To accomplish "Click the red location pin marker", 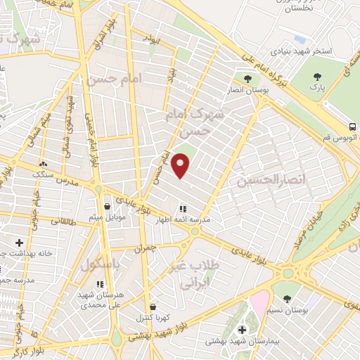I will (181, 165).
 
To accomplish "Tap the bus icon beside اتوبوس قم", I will (352, 127).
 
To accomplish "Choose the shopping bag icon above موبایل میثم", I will (106, 206).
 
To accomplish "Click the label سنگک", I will (43, 174).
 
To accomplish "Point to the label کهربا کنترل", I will (154, 317).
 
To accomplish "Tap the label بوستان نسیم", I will (290, 309).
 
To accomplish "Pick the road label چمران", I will (145, 249).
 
